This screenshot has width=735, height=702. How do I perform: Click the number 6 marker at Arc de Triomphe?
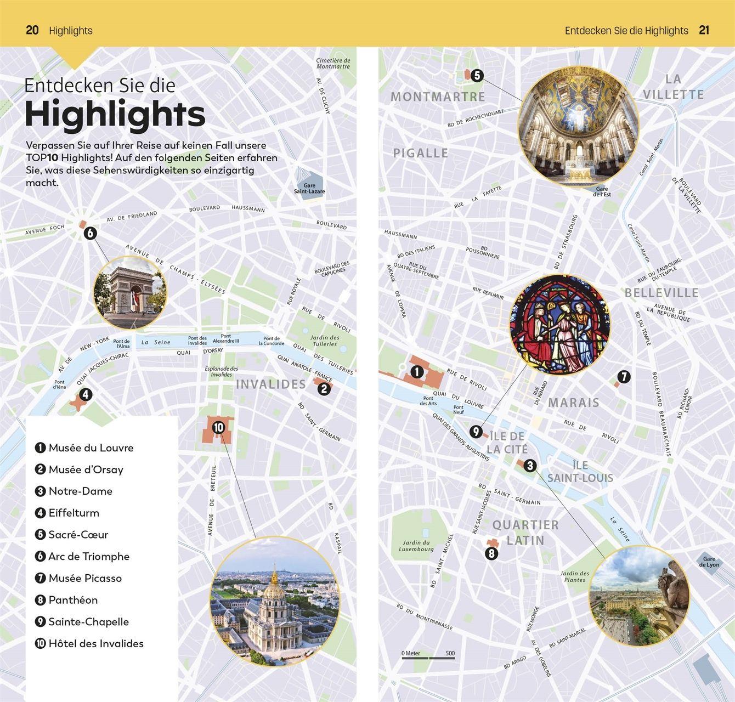pos(90,233)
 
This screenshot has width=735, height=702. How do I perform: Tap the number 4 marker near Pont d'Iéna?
pos(85,394)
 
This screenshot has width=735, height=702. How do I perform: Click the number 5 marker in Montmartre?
pos(477,76)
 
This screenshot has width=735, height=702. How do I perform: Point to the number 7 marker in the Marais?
pos(624,377)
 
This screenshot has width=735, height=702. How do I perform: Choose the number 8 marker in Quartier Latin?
pos(491,553)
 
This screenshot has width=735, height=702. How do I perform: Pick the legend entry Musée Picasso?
pos(85,578)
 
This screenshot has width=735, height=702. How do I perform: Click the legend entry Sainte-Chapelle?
pos(88,622)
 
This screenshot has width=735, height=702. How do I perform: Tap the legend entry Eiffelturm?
pos(73,513)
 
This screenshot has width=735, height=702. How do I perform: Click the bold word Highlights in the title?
pos(115,114)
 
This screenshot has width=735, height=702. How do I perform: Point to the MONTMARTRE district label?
pos(438,97)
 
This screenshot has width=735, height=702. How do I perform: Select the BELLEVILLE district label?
pos(661,293)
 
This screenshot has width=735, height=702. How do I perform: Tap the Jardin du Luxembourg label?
pos(416,546)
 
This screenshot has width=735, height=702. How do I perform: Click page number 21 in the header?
pos(704,30)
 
